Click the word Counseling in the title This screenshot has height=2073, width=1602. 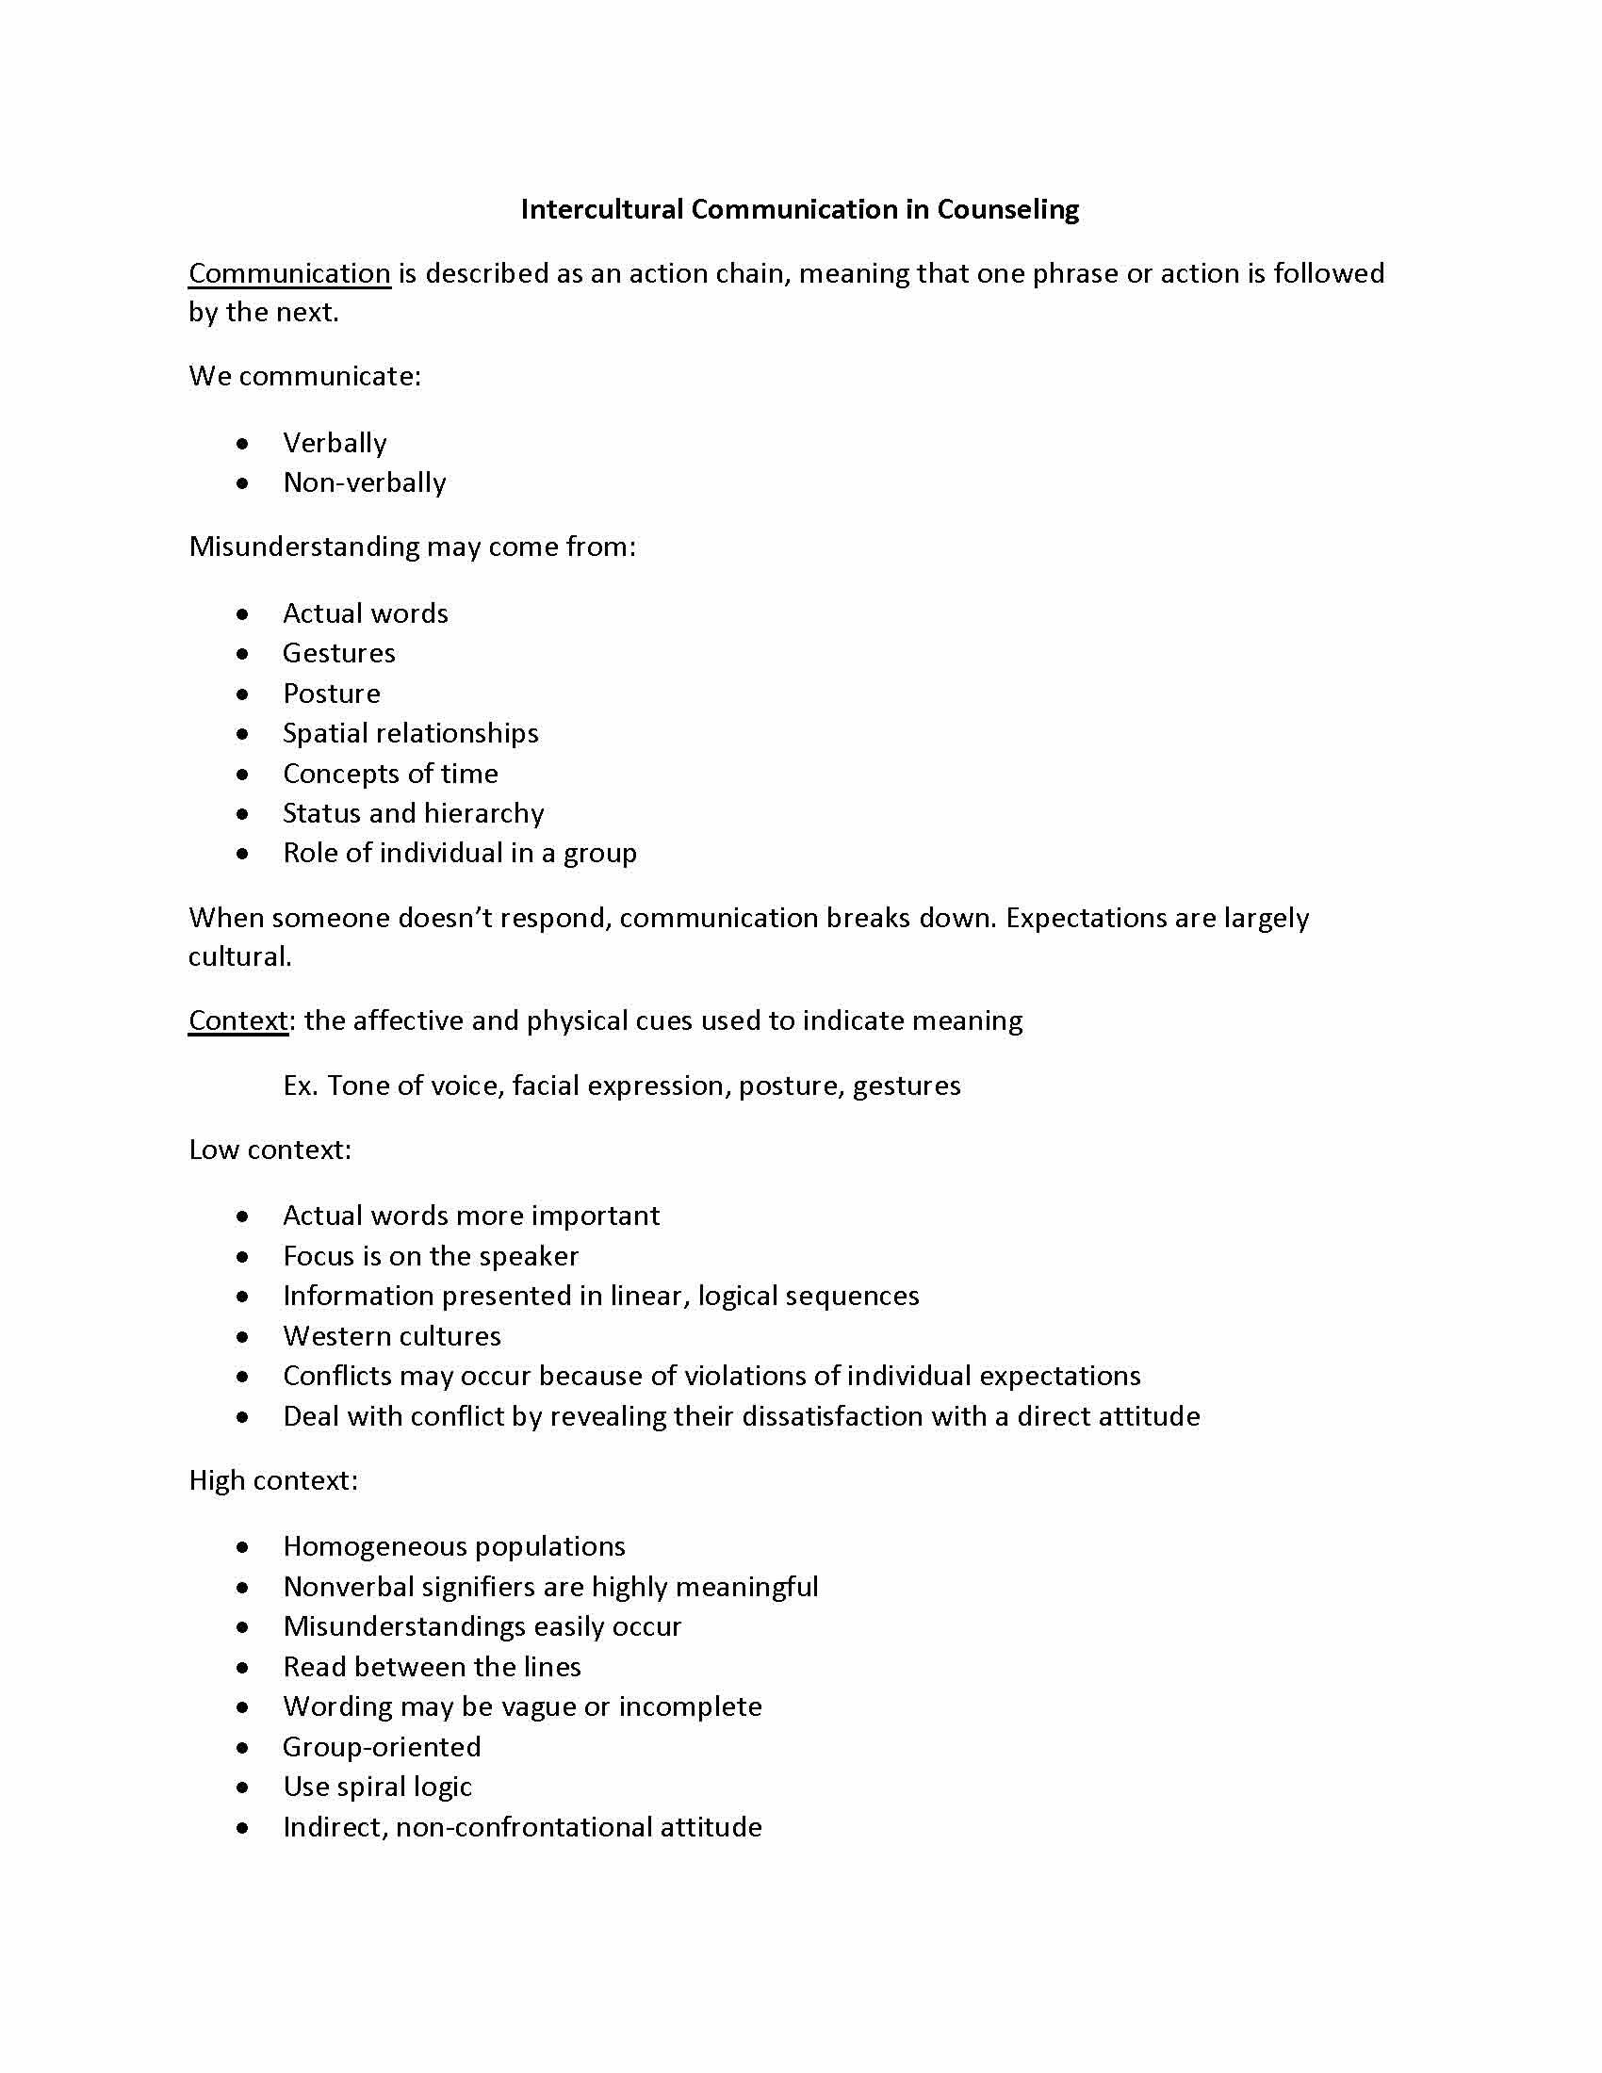click(1008, 209)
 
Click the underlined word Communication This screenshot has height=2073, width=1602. click(289, 273)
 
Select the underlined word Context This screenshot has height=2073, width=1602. click(238, 1020)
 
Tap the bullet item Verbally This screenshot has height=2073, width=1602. click(335, 443)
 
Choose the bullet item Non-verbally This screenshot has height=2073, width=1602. click(365, 483)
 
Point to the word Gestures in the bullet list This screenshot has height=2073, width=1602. click(339, 653)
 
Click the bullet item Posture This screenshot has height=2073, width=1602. click(331, 694)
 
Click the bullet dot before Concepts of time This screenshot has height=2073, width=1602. click(244, 775)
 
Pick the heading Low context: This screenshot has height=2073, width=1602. click(270, 1151)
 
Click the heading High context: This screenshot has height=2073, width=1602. click(273, 1480)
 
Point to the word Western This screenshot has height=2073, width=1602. click(335, 1336)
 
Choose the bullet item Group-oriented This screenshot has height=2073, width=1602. click(382, 1746)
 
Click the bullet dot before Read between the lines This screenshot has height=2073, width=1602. click(244, 1668)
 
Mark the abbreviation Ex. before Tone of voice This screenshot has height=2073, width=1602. click(300, 1085)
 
